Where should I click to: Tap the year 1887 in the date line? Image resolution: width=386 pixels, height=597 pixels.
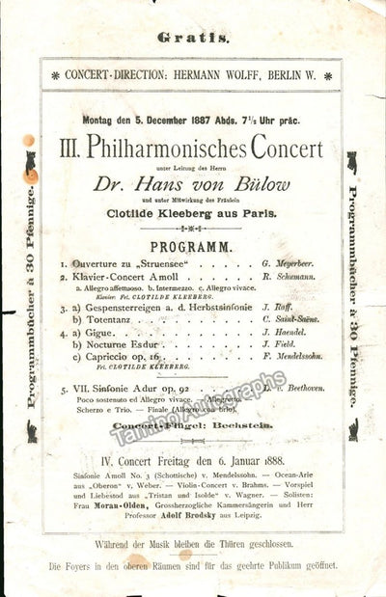(x=208, y=121)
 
